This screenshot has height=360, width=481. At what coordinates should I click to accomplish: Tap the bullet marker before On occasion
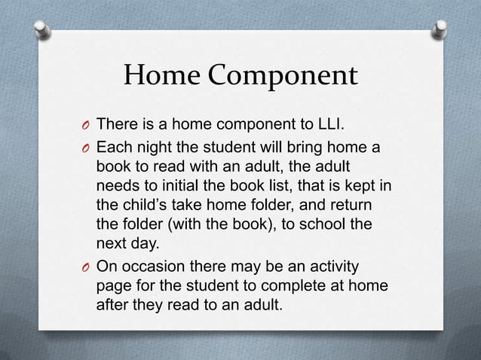click(85, 267)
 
